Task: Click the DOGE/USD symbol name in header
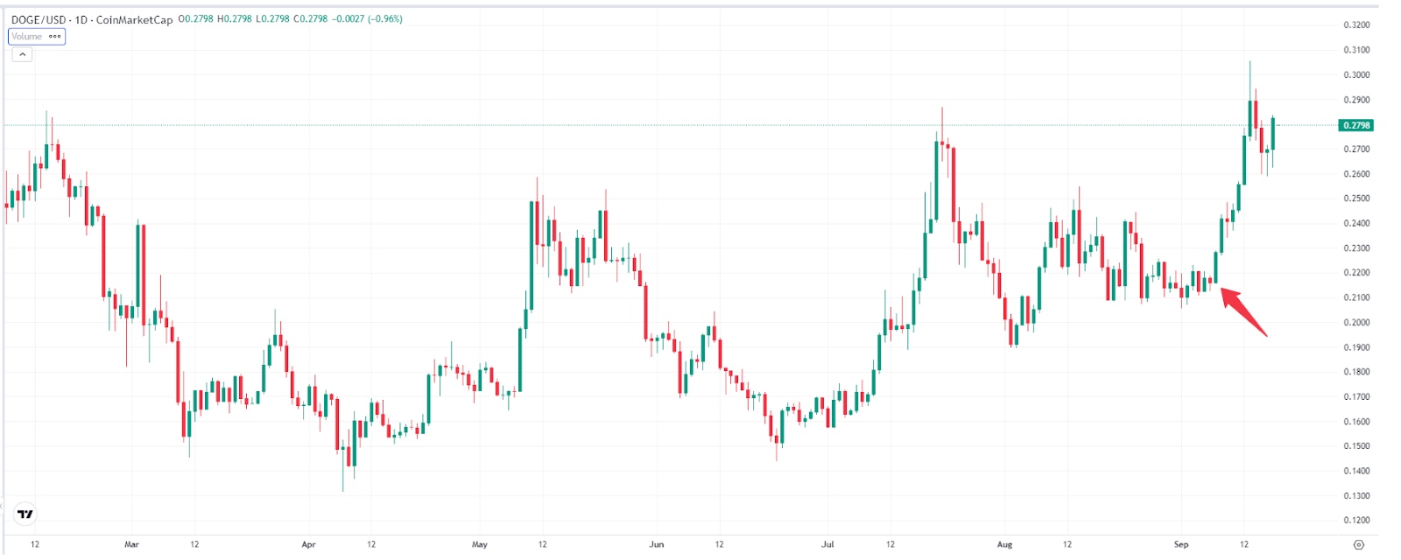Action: tap(39, 19)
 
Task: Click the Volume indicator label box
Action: tap(36, 37)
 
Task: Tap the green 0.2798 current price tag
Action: tap(1356, 125)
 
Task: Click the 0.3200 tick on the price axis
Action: tap(1356, 25)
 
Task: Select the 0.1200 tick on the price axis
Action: tap(1356, 521)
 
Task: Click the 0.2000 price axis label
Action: tap(1356, 323)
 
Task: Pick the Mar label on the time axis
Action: tap(131, 544)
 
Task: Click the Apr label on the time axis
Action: tap(308, 544)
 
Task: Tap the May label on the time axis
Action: tap(479, 544)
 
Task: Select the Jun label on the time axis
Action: tap(656, 544)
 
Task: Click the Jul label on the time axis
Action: tap(827, 544)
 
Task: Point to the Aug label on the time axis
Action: tap(1004, 544)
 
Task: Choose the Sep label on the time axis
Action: tap(1181, 544)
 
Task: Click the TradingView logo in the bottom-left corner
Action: tap(25, 514)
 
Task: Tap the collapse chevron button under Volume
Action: tap(23, 54)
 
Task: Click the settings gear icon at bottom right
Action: tap(1358, 544)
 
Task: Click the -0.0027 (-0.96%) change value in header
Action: tap(367, 19)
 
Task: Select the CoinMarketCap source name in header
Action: tap(134, 19)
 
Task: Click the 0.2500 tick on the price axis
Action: tap(1356, 199)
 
